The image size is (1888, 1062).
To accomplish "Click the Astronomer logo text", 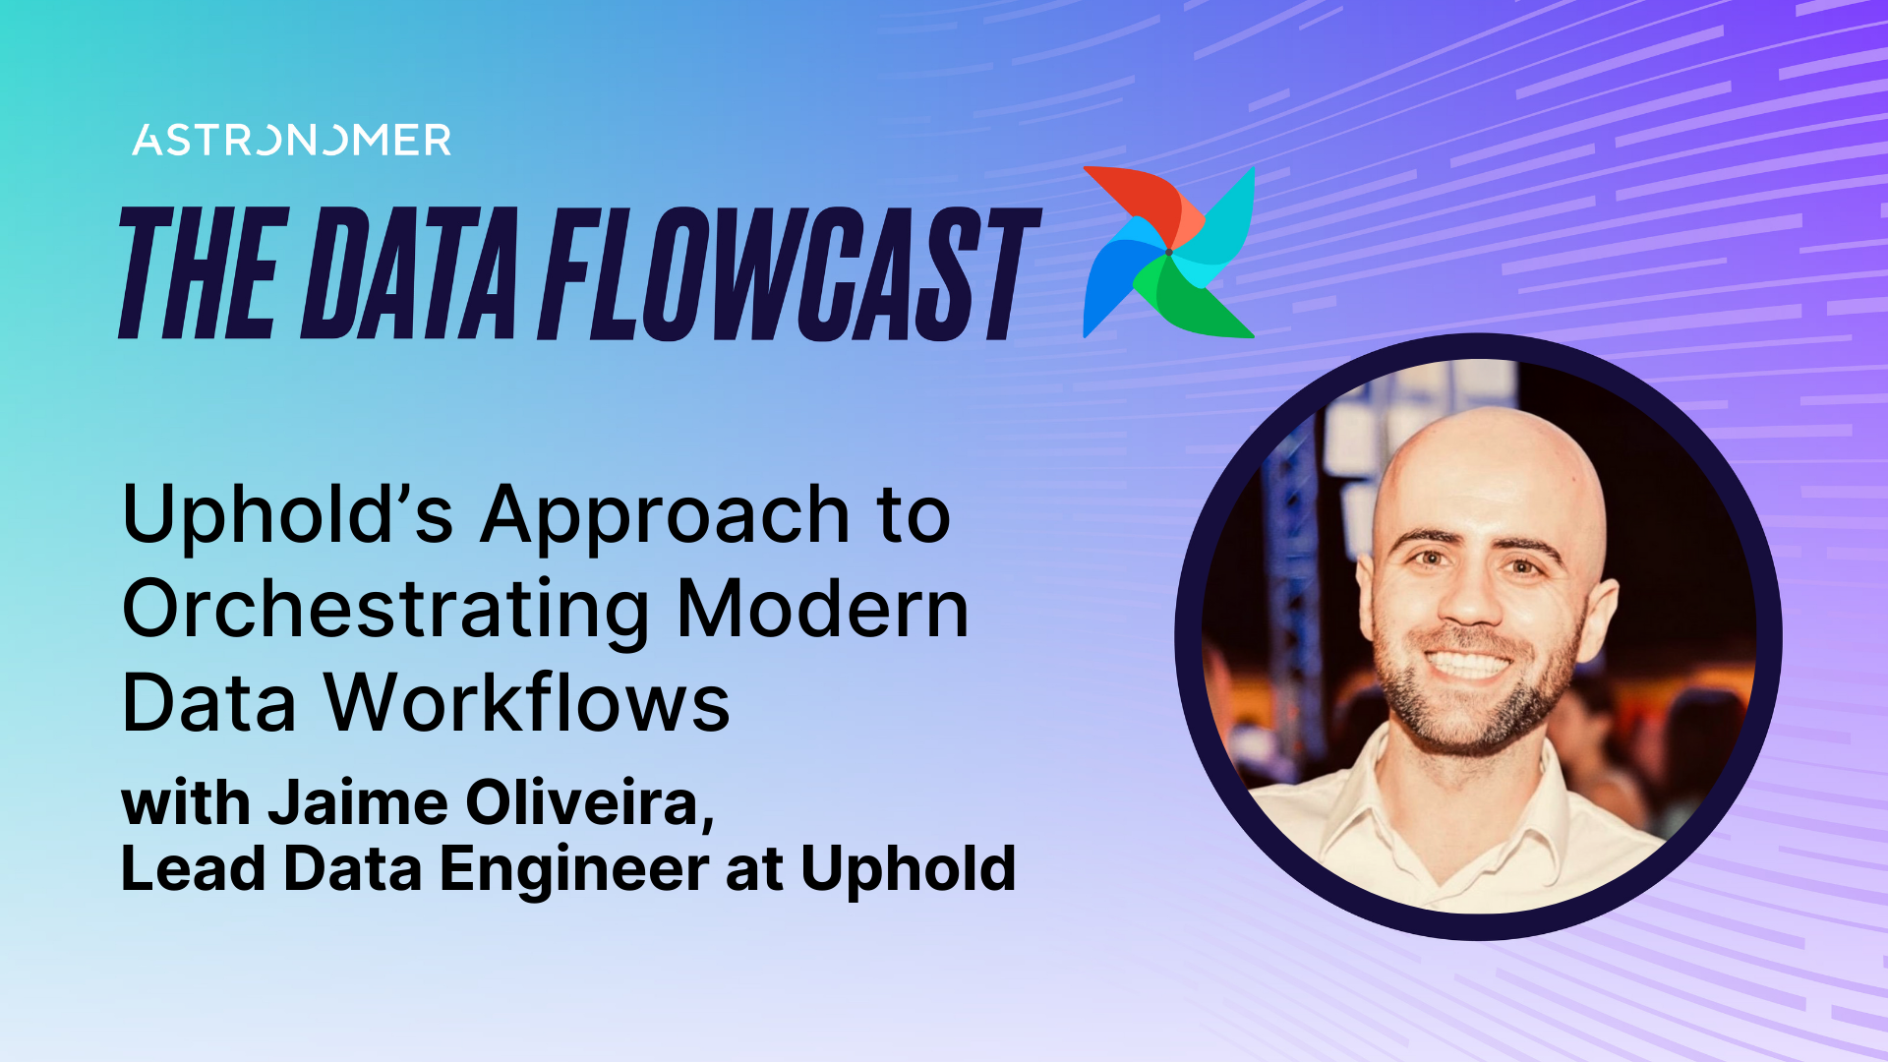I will tap(292, 141).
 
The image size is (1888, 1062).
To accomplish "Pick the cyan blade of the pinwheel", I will tap(1224, 226).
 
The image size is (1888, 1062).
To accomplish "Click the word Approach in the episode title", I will tap(665, 516).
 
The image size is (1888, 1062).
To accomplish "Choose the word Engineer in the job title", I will tap(574, 869).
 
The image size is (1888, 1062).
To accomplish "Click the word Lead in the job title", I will tap(193, 869).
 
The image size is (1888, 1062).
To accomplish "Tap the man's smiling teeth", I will tap(1468, 665).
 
